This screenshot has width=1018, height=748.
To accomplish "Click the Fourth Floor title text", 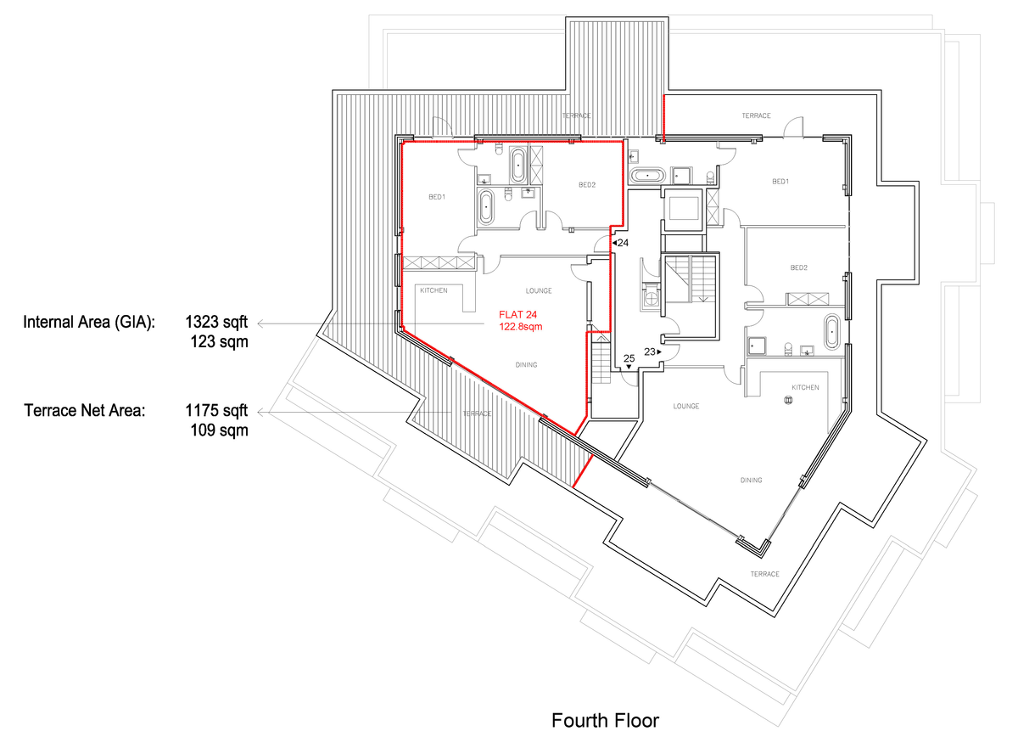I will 605,721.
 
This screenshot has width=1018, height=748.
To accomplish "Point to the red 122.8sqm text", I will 520,326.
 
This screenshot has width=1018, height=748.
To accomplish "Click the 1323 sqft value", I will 216,323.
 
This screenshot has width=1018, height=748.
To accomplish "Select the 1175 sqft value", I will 216,411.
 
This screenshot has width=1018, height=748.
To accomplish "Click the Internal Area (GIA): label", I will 89,323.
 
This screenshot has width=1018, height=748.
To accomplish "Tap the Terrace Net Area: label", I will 84,411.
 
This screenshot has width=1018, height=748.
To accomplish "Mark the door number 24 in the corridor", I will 622,244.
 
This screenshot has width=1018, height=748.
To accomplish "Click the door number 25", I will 629,359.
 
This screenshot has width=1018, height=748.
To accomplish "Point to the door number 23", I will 651,351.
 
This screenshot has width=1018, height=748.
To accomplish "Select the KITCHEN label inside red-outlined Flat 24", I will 433,291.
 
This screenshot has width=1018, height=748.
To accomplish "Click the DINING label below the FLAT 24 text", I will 527,365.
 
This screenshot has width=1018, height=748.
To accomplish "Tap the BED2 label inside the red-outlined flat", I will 588,185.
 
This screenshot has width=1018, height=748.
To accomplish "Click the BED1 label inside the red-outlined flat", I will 437,197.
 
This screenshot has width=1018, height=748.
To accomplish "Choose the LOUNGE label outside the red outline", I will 686,407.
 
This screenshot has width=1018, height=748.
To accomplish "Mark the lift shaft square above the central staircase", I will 682,209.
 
